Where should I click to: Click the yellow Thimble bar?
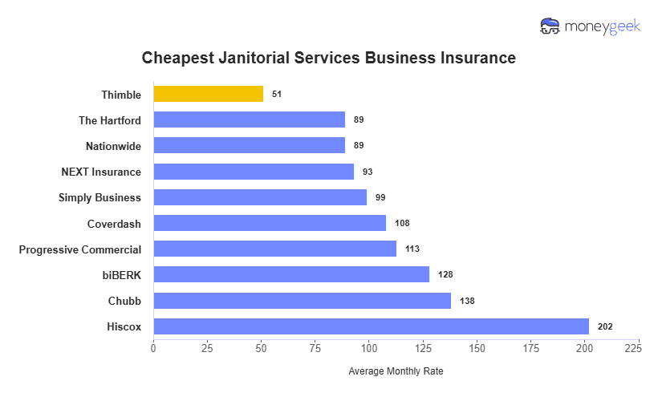pos(208,94)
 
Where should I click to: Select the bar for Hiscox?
pos(371,326)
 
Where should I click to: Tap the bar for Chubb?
pos(302,301)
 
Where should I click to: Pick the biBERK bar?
pos(290,275)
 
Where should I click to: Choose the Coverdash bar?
pos(270,223)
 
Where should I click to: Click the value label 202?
pos(605,326)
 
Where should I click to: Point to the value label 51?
pos(277,94)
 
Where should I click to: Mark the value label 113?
pos(412,249)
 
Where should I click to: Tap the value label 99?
pos(380,197)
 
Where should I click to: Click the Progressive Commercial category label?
pos(80,249)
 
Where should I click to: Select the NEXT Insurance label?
pos(101,172)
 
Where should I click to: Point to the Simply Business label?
pos(100,197)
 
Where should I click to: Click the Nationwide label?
pos(113,146)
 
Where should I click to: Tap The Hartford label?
pos(110,120)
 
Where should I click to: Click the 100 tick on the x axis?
pos(369,348)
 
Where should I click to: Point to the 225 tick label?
pos(632,348)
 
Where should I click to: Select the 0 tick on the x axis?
pos(153,348)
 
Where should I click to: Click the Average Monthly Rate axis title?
pos(396,371)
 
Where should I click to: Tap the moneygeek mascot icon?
pos(550,26)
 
